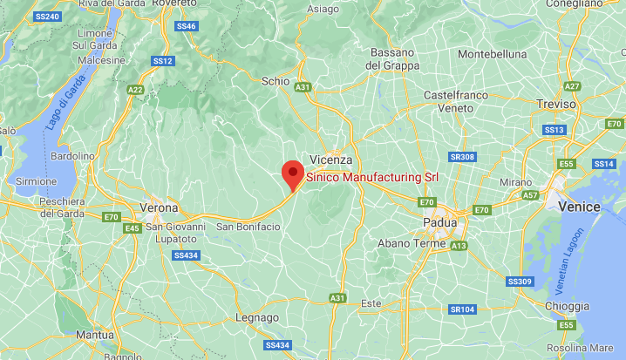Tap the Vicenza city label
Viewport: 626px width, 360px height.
click(331, 160)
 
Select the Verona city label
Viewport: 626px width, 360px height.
click(159, 208)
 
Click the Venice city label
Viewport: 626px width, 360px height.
click(579, 207)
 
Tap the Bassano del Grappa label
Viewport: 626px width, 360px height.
click(392, 58)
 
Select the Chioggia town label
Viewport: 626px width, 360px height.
click(568, 306)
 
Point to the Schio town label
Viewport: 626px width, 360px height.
click(276, 80)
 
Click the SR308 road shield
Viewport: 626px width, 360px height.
click(462, 157)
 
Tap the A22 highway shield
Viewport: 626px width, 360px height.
click(135, 89)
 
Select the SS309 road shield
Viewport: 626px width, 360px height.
click(519, 282)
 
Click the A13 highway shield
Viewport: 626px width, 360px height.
click(459, 246)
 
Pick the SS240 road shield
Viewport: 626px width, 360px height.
click(47, 17)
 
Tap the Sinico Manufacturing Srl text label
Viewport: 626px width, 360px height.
click(371, 177)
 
